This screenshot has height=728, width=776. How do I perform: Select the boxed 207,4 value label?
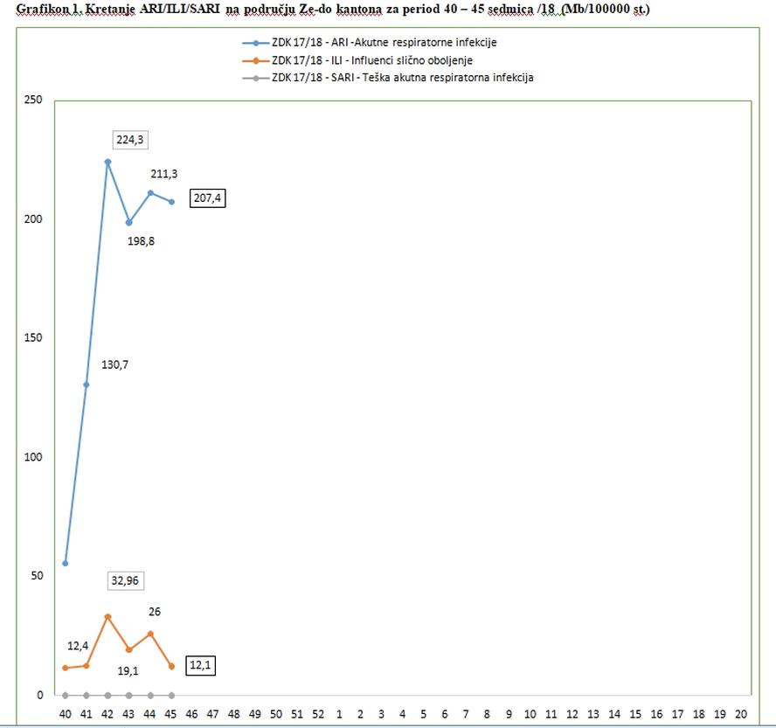pos(209,199)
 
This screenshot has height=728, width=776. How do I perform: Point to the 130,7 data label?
pos(114,364)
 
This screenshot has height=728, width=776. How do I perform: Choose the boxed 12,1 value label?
pos(201,666)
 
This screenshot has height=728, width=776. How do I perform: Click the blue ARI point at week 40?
pos(65,564)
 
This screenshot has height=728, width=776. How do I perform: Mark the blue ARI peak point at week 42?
pos(107,162)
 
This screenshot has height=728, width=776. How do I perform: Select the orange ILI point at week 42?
pos(107,617)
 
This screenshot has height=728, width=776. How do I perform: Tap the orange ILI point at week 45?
pos(171,666)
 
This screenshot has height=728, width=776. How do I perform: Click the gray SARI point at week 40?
pos(65,696)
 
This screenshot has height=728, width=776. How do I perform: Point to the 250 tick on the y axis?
pos(33,100)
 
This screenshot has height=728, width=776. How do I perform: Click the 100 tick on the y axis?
pos(33,457)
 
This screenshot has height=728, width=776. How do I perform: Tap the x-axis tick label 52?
pos(318,713)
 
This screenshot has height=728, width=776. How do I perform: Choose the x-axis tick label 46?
pos(192,713)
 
